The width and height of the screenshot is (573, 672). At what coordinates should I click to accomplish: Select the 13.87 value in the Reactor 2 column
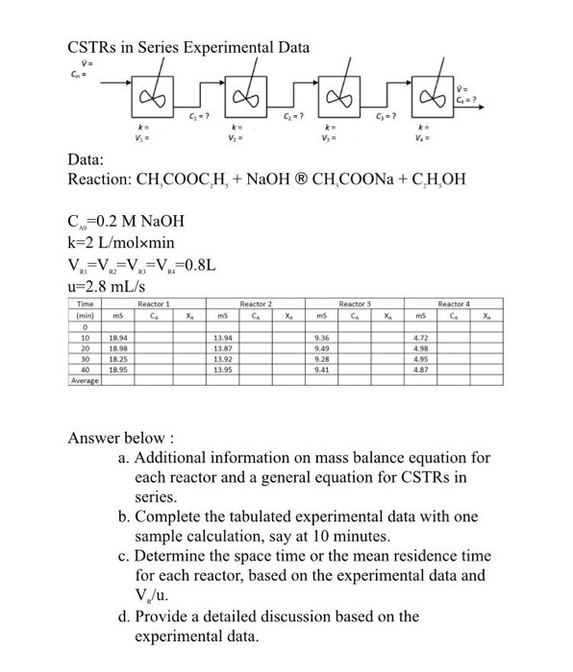(x=220, y=375)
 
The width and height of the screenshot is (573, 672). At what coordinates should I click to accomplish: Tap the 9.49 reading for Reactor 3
(x=322, y=375)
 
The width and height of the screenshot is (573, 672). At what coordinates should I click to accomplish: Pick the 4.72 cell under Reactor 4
(x=420, y=366)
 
